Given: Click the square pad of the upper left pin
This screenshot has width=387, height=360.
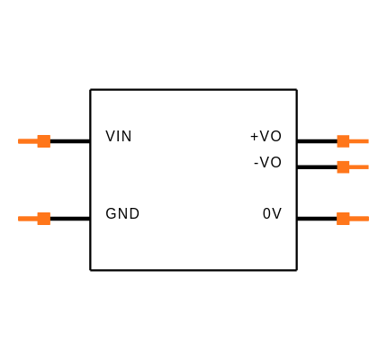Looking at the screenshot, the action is pos(43,141).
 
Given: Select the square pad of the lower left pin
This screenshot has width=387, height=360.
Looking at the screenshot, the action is pos(43,219).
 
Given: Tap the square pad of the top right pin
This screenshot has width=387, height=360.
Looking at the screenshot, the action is pos(343,141).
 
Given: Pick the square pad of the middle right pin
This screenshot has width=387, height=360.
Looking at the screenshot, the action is pos(343,166).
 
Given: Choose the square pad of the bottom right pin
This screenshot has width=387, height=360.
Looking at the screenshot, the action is pos(343,219).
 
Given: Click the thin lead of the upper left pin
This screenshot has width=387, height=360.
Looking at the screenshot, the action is pos(28,141).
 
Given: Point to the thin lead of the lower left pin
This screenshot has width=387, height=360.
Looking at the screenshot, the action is pos(28,219).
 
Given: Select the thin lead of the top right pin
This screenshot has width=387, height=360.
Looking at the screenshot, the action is pos(359,141).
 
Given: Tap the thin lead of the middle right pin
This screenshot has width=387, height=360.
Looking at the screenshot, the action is pos(359,166).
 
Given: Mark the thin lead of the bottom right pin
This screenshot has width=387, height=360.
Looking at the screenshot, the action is pos(359,219).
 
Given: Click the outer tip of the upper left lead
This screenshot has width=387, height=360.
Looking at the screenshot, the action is pos(19,141).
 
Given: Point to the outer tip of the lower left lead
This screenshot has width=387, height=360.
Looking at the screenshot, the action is pos(19,219).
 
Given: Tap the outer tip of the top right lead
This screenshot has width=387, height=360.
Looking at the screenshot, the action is pos(367,141).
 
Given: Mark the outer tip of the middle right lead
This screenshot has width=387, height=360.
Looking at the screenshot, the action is pos(367,166).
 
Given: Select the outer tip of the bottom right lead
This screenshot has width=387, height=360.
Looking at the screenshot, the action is pos(367,219).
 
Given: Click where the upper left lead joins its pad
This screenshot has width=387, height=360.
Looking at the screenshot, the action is pos(37,141).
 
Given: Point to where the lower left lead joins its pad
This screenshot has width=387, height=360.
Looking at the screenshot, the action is pos(37,219).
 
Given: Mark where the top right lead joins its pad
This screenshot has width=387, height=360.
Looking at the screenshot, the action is pos(349,141).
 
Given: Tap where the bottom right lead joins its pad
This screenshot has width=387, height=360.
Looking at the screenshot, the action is pos(349,219).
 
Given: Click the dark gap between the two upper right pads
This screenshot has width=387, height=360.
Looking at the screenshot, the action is pos(343,154).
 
